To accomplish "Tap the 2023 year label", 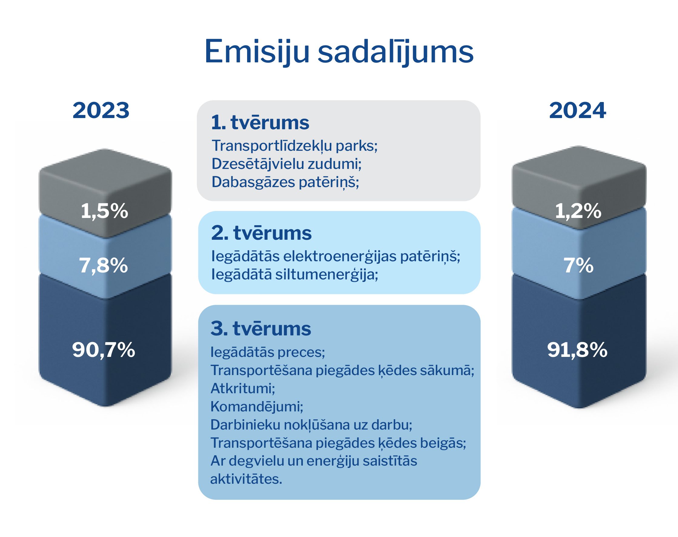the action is (101, 111).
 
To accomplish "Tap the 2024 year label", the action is (577, 111).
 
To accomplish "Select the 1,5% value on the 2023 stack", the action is (104, 211).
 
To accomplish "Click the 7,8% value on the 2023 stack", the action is (104, 266).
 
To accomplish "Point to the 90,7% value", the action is (104, 350).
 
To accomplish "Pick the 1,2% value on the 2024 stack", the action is (578, 211).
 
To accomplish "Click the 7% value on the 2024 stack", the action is (578, 266).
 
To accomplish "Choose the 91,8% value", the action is (577, 350).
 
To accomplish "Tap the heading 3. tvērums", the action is (261, 328).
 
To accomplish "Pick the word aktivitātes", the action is (246, 479).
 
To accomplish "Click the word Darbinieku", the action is (245, 425).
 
